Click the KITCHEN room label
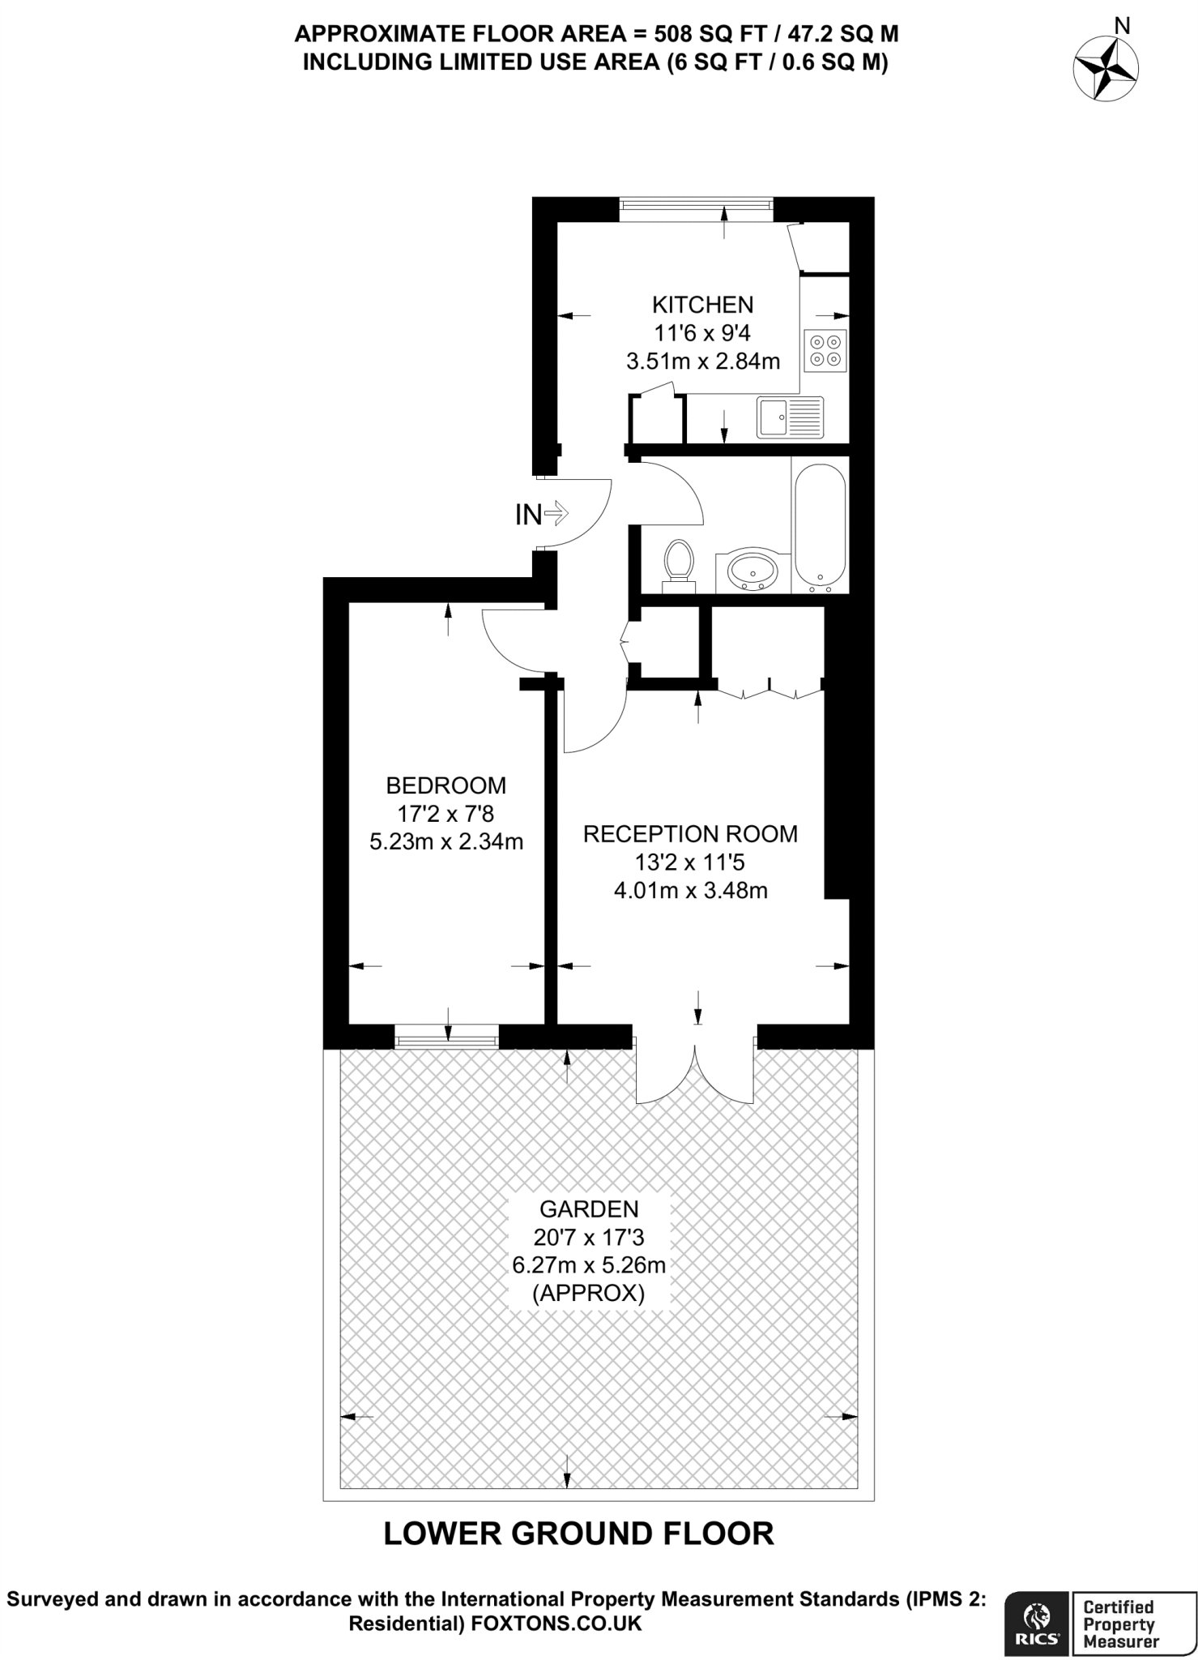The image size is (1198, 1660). [x=702, y=305]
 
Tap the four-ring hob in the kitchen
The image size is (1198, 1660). [x=825, y=350]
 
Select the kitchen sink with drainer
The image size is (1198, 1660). [x=790, y=417]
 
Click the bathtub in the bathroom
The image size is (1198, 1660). [x=820, y=525]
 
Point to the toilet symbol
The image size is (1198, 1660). [x=679, y=563]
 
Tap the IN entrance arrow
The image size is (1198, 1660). [x=543, y=514]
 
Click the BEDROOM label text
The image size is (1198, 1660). [x=446, y=785]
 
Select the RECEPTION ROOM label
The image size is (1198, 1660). [x=690, y=834]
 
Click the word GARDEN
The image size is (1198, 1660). [x=589, y=1209]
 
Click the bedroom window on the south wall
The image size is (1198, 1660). [x=446, y=1037]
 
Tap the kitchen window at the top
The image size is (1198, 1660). [x=696, y=208]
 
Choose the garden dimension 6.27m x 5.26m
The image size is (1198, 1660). [x=589, y=1264]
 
